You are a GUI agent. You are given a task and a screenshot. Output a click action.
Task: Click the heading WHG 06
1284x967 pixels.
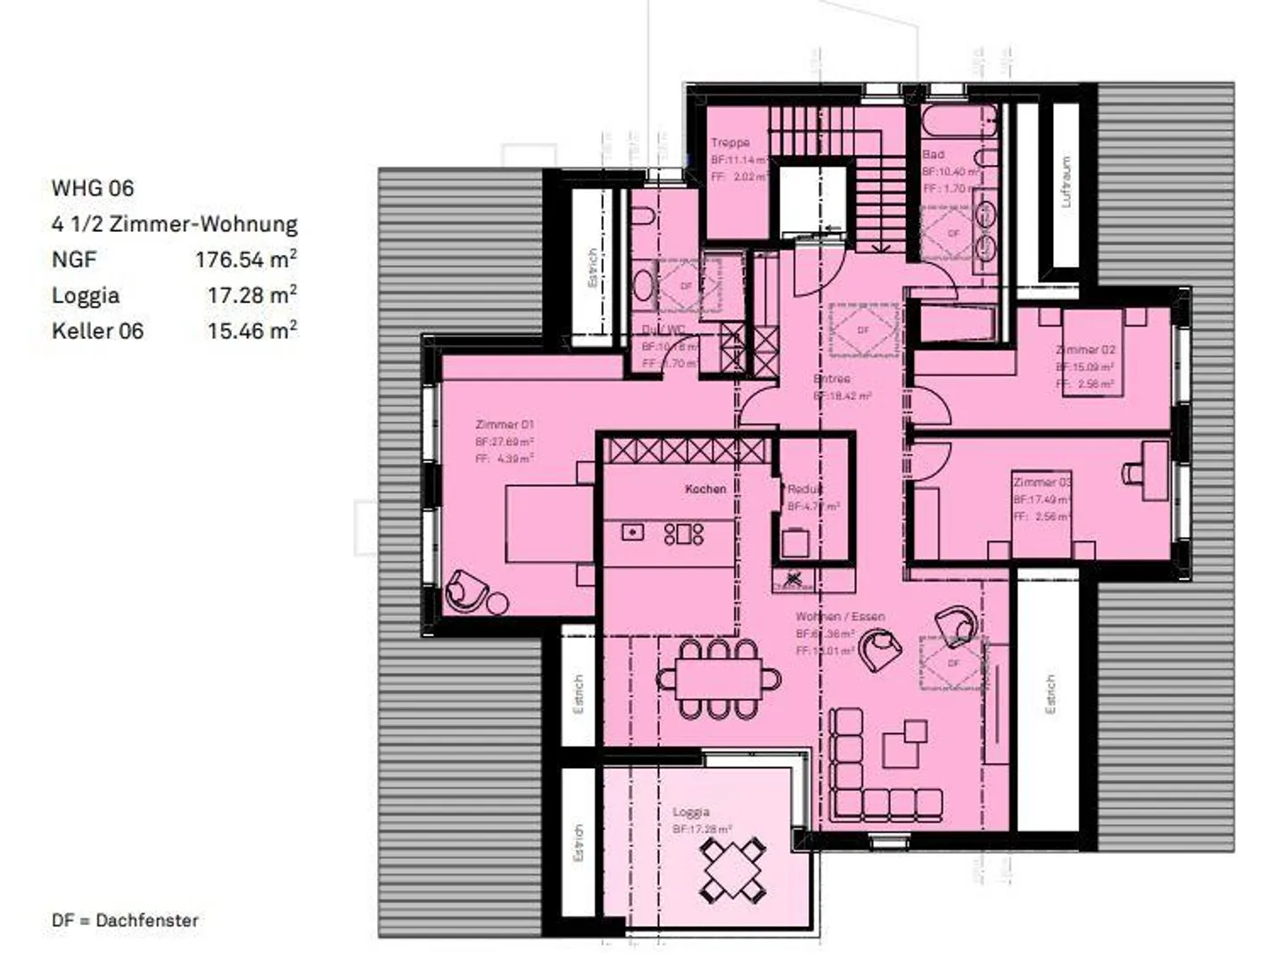pos(93,188)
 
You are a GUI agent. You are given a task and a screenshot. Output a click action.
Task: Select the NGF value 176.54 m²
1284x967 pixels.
pos(246,260)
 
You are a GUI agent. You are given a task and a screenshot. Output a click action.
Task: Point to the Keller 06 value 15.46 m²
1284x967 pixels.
pos(252,331)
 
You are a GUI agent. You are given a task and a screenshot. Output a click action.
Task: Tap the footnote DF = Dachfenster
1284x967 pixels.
pos(125,921)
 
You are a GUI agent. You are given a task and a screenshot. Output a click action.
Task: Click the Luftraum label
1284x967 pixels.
pos(1066,183)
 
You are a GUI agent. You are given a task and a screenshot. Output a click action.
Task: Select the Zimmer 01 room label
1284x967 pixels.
pos(505,425)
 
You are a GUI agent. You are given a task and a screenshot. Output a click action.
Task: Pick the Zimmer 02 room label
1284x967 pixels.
pos(1085,350)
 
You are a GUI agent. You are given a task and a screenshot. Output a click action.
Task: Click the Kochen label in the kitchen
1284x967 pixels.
pos(705,489)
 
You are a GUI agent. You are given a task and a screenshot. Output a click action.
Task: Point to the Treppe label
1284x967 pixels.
pos(730,143)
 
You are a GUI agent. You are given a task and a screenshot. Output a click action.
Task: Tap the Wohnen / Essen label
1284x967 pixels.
pos(840,616)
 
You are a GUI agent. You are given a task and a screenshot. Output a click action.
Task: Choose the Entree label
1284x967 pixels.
pos(832,379)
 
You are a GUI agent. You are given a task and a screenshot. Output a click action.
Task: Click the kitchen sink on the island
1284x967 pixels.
pos(632,533)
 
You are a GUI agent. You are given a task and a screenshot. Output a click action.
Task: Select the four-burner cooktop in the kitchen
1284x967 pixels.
pos(684,533)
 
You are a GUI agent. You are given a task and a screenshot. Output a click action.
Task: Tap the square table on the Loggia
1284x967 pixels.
pos(731,869)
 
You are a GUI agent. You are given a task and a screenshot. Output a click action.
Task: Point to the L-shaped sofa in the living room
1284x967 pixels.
pos(869,776)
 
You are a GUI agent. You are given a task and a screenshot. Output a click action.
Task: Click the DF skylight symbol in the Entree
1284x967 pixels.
pos(863,330)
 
